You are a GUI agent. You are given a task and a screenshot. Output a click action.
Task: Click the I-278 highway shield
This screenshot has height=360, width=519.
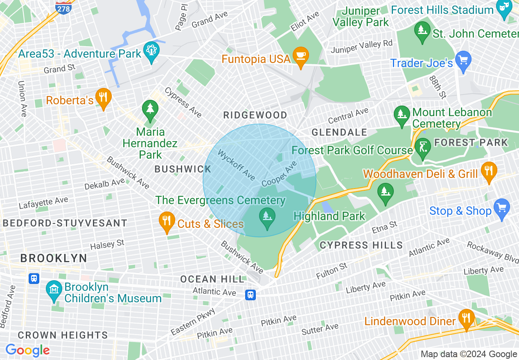click(x=63, y=7)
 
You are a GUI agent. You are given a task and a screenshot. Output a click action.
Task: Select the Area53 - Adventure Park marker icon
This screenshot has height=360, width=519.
click(x=151, y=52)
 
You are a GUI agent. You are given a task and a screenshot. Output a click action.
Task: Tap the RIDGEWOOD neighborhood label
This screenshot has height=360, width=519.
click(x=255, y=115)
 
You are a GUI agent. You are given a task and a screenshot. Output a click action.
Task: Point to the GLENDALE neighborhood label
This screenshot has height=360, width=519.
click(x=339, y=132)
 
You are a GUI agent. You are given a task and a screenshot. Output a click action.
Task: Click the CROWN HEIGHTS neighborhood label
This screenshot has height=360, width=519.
click(x=63, y=335)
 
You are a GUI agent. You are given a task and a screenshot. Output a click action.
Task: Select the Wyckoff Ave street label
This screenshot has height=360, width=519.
click(x=237, y=165)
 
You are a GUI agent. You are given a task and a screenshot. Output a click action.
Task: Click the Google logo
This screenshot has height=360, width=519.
click(x=27, y=350)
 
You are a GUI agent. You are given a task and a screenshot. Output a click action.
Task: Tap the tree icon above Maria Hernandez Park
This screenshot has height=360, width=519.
click(x=150, y=110)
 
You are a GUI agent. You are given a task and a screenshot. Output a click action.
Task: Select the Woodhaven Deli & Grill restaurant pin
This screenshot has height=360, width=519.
click(x=488, y=171)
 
